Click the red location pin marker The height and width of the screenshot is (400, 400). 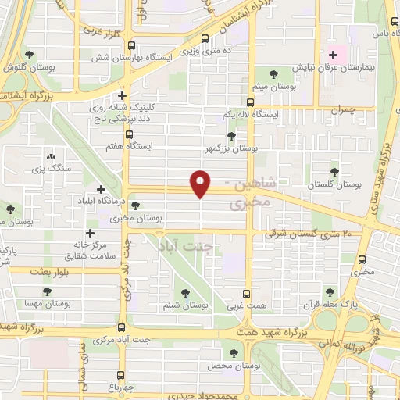pos(201,184)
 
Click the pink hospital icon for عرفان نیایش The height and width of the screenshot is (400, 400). pos(334,55)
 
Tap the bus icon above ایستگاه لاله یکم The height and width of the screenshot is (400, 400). pos(250,102)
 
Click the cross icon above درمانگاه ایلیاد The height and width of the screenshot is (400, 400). pos(100,189)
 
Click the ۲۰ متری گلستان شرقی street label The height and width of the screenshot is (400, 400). pos(309,233)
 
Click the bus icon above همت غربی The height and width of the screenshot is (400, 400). pos(247,295)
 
